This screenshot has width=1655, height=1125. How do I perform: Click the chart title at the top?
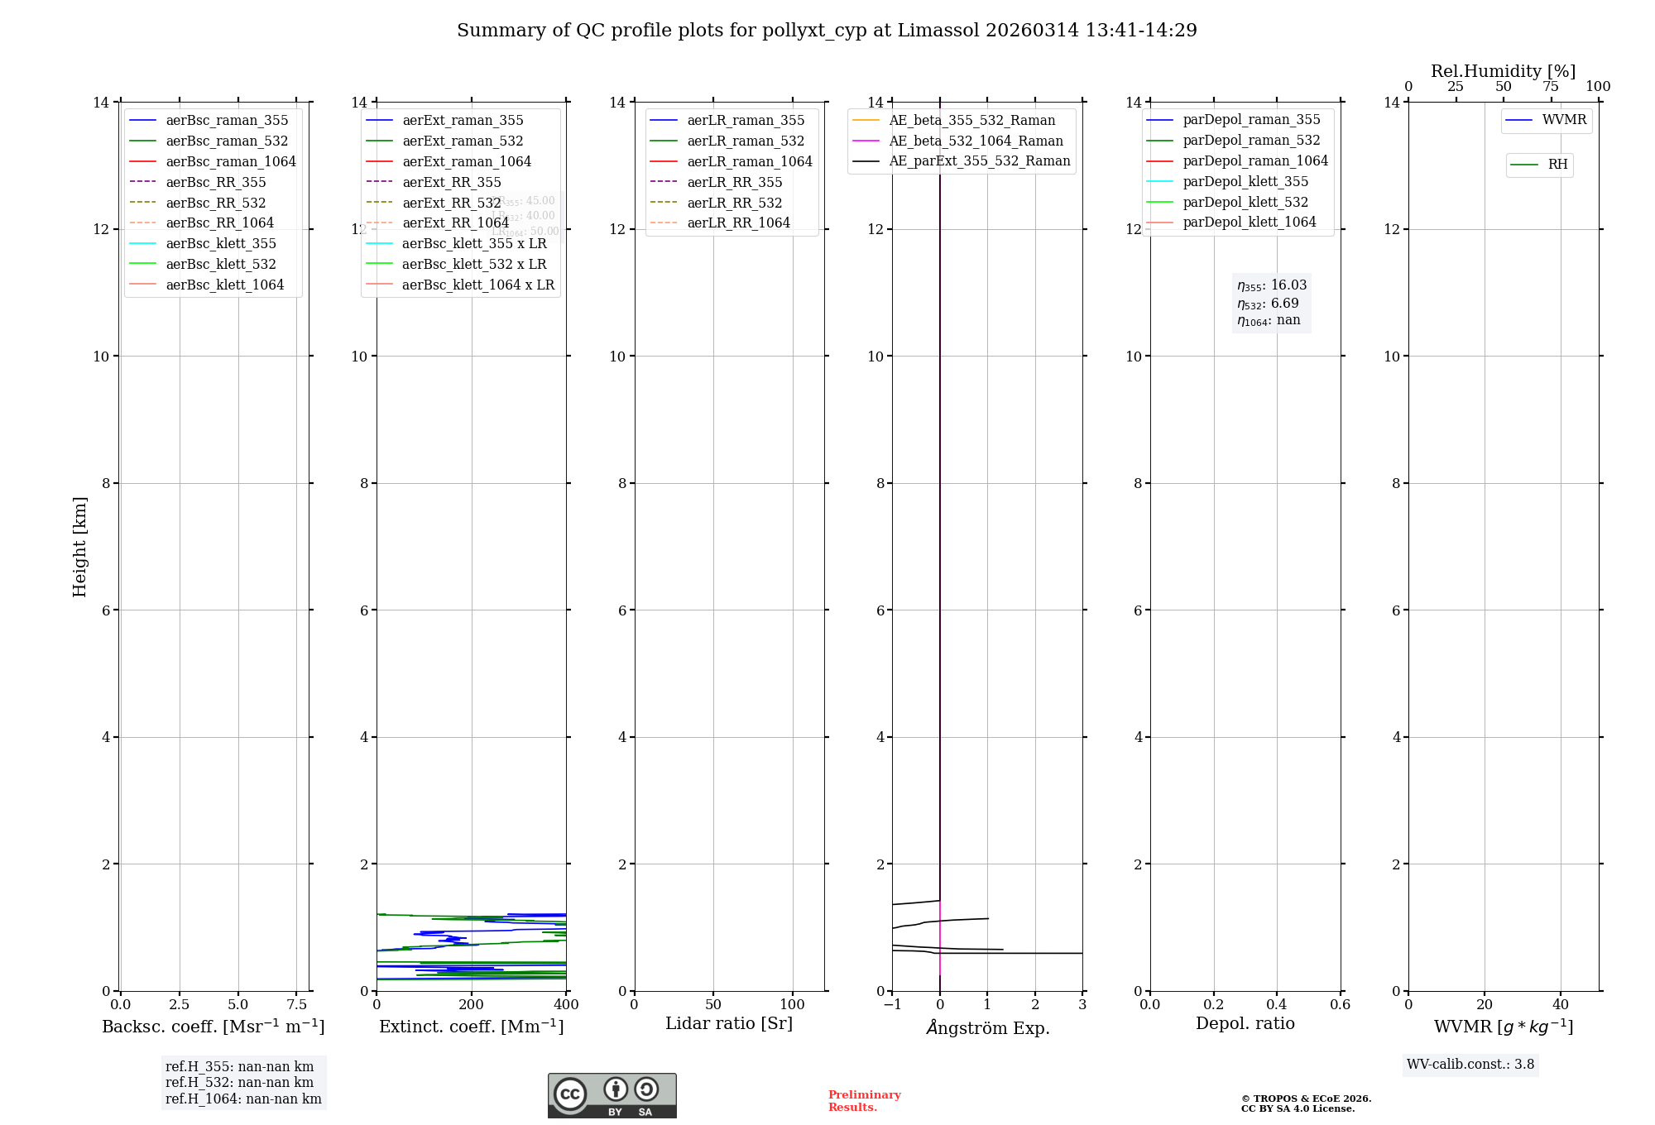(x=827, y=31)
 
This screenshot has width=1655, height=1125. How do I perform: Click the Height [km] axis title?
(x=79, y=546)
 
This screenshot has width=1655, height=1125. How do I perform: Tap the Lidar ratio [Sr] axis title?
(x=728, y=1023)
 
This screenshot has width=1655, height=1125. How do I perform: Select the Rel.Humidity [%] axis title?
(x=1503, y=71)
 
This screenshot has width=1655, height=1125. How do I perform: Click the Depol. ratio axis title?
(x=1245, y=1023)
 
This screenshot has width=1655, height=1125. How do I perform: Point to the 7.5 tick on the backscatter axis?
(x=297, y=1004)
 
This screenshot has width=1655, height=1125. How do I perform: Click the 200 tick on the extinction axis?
(x=472, y=1004)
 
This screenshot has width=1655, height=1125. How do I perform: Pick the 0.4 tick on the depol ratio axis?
(x=1277, y=1004)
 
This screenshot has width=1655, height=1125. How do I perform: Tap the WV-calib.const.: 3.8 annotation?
(x=1470, y=1065)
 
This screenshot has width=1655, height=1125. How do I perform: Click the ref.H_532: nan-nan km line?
(x=239, y=1082)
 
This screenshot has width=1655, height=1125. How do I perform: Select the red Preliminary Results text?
(x=864, y=1101)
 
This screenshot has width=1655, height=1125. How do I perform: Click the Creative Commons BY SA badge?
(x=612, y=1095)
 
